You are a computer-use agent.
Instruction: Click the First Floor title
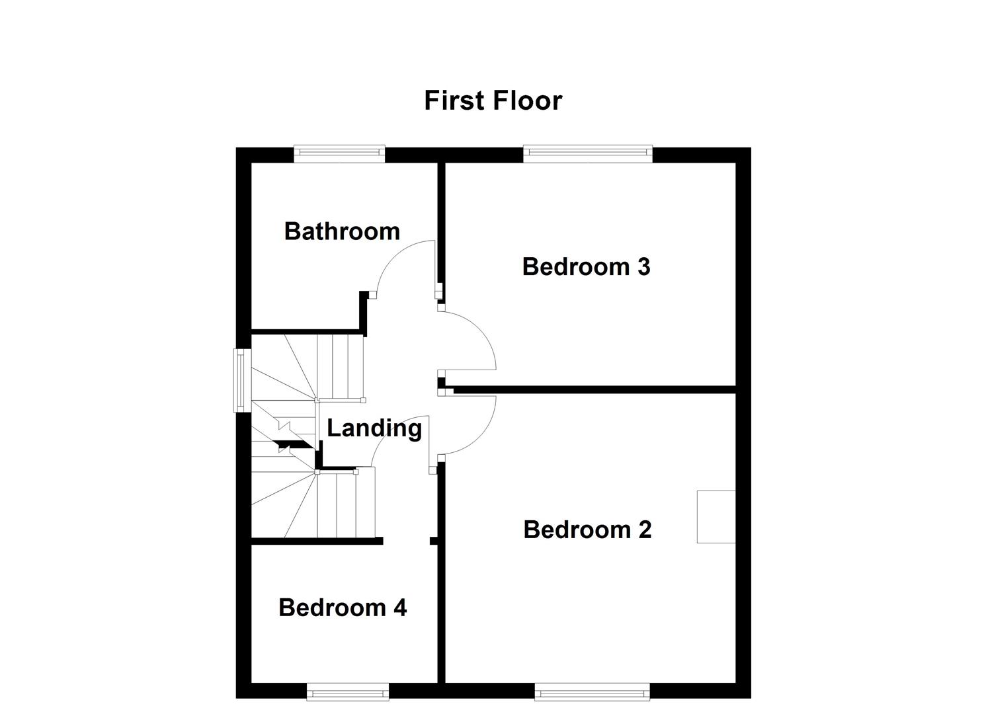[x=493, y=100]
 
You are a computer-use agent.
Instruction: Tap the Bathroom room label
[x=342, y=231]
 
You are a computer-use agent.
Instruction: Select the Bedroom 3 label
[x=586, y=266]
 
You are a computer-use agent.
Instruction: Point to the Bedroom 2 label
[x=587, y=530]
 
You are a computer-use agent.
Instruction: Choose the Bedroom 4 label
[x=343, y=607]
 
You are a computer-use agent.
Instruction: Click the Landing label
[x=374, y=428]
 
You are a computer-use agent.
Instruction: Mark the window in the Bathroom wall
[x=339, y=153]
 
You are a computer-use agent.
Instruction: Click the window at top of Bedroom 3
[x=588, y=153]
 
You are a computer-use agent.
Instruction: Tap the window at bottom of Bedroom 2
[x=592, y=692]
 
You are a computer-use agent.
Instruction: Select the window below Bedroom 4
[x=348, y=692]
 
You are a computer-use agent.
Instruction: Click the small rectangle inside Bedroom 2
[x=716, y=517]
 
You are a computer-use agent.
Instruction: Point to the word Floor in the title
[x=526, y=100]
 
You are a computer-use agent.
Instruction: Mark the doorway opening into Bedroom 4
[x=407, y=541]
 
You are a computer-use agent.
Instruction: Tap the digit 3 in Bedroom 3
[x=643, y=266]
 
